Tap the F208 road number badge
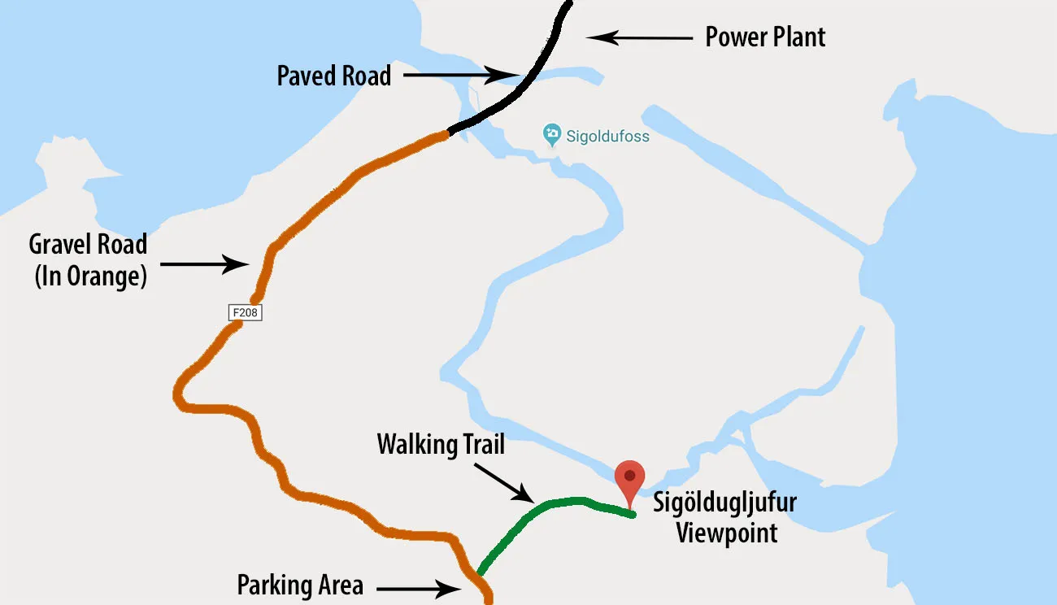tap(245, 311)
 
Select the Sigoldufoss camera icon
tap(552, 133)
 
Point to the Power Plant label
tap(765, 37)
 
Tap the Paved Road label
tap(333, 76)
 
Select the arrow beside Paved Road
tap(459, 76)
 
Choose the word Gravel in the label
tap(63, 244)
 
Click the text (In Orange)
tap(90, 276)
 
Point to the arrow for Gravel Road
tap(204, 263)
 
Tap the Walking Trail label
tap(441, 445)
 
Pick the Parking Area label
tap(299, 585)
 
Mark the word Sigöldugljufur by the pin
tap(724, 502)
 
